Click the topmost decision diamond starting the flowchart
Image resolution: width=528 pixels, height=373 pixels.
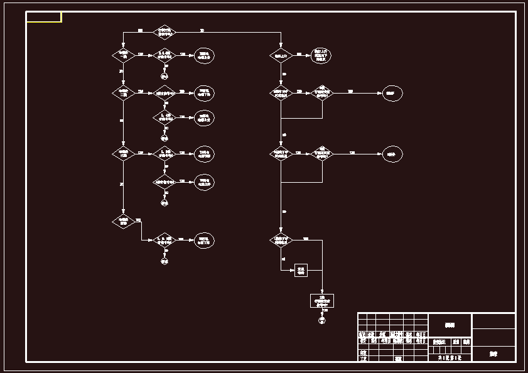[x=164, y=31]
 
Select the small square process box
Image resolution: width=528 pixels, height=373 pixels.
[x=301, y=271]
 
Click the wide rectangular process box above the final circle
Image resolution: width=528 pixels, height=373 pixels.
[x=323, y=300]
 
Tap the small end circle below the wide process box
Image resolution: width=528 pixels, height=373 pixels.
[x=323, y=320]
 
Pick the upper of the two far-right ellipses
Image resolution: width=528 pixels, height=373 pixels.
[x=392, y=93]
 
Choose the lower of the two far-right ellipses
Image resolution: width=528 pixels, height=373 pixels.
[x=392, y=154]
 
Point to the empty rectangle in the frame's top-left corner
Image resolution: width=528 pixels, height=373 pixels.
[x=44, y=17]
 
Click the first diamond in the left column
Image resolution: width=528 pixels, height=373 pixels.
[x=123, y=55]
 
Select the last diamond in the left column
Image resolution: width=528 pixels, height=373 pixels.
[x=123, y=221]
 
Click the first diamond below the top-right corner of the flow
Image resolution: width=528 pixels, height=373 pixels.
[x=281, y=56]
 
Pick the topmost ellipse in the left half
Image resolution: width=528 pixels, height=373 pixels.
[x=203, y=56]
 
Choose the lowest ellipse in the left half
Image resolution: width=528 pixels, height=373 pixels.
[x=203, y=240]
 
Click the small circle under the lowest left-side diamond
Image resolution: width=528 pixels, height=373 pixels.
[x=164, y=260]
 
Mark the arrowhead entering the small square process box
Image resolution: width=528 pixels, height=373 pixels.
[x=293, y=271]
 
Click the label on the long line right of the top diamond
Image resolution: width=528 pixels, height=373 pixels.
[x=202, y=30]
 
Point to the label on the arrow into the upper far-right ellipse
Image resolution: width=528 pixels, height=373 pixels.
[x=351, y=91]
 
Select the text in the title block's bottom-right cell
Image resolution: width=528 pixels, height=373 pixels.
[x=493, y=354]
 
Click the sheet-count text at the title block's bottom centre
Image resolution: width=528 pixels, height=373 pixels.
[x=450, y=357]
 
